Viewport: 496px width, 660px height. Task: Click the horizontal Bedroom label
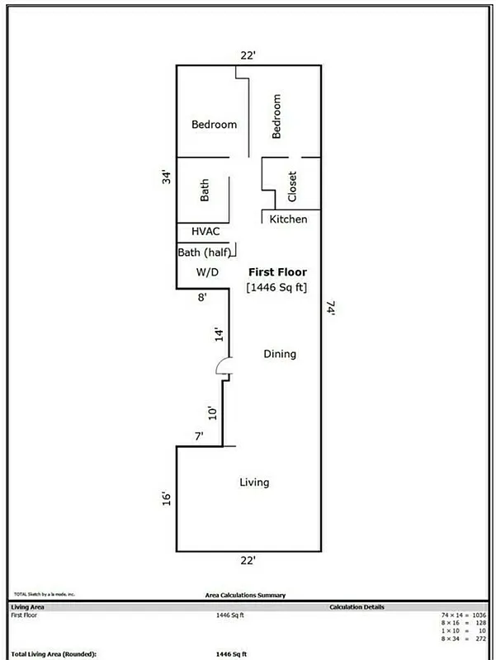214,125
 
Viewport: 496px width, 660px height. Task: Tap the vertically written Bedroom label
276,116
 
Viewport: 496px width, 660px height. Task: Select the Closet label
292,186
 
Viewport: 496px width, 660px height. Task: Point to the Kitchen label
289,219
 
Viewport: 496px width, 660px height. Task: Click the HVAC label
205,232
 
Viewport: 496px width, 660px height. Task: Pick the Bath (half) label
205,252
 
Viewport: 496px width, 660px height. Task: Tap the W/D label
206,272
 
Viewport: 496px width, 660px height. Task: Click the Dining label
279,354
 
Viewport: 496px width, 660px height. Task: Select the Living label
254,482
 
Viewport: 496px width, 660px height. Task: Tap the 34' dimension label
166,177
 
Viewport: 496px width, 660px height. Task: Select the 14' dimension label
219,334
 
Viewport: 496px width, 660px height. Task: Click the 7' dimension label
199,436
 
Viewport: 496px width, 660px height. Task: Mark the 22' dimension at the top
248,55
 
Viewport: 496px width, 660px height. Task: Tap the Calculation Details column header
357,607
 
